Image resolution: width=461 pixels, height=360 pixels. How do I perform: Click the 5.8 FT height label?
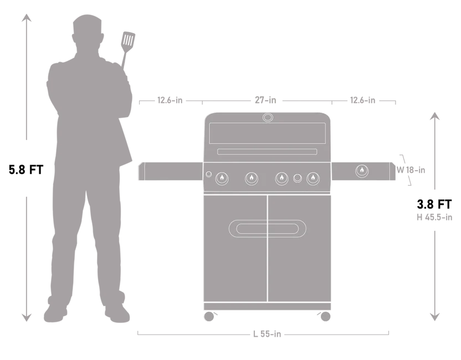26,169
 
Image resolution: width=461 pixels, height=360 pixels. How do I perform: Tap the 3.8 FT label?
434,204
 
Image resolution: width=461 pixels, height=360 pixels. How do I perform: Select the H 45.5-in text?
434,217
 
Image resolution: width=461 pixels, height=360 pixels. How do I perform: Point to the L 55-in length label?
267,334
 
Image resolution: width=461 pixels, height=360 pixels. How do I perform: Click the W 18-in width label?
411,170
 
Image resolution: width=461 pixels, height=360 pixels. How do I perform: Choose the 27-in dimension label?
265,100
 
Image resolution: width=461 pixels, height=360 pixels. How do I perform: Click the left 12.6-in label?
170,100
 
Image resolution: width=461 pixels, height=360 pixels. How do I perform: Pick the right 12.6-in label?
362,100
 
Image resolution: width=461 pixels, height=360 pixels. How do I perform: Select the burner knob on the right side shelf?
362,171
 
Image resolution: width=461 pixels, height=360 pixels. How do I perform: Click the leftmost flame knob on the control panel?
222,178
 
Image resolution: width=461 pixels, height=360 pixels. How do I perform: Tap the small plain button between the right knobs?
298,178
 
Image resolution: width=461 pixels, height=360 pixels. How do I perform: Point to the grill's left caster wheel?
209,316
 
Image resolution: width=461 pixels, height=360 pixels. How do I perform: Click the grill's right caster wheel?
325,316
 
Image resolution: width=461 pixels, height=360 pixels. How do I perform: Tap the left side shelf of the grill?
171,171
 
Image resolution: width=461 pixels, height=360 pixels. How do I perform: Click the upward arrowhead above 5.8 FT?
27,18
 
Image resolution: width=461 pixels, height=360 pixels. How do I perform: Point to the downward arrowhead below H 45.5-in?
434,317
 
